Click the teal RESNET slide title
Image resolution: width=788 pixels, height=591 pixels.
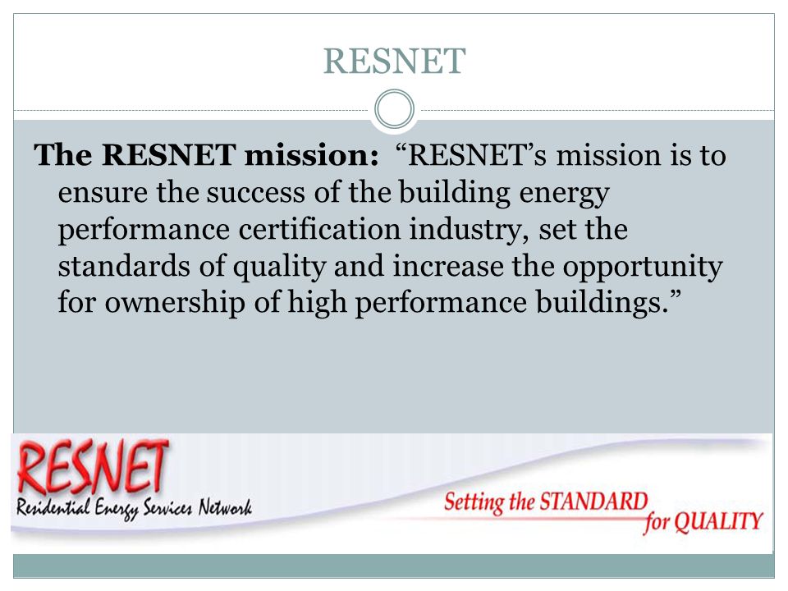click(x=395, y=62)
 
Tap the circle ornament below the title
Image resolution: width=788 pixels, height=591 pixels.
click(x=395, y=93)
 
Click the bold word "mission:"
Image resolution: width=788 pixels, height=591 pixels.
click(x=312, y=155)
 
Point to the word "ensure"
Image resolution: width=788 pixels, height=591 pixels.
click(x=103, y=192)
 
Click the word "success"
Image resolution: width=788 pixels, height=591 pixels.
click(x=255, y=192)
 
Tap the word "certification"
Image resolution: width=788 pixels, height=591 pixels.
click(x=319, y=229)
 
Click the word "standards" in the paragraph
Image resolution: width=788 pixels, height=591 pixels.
click(x=124, y=266)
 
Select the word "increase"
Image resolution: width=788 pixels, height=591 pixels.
click(x=448, y=266)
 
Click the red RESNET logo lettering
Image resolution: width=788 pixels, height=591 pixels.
click(x=93, y=465)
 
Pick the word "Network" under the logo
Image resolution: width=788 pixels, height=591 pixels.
click(x=225, y=507)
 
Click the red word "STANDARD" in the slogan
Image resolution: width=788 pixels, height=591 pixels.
click(x=593, y=502)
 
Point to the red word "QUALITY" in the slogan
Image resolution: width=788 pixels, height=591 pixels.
click(x=718, y=522)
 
